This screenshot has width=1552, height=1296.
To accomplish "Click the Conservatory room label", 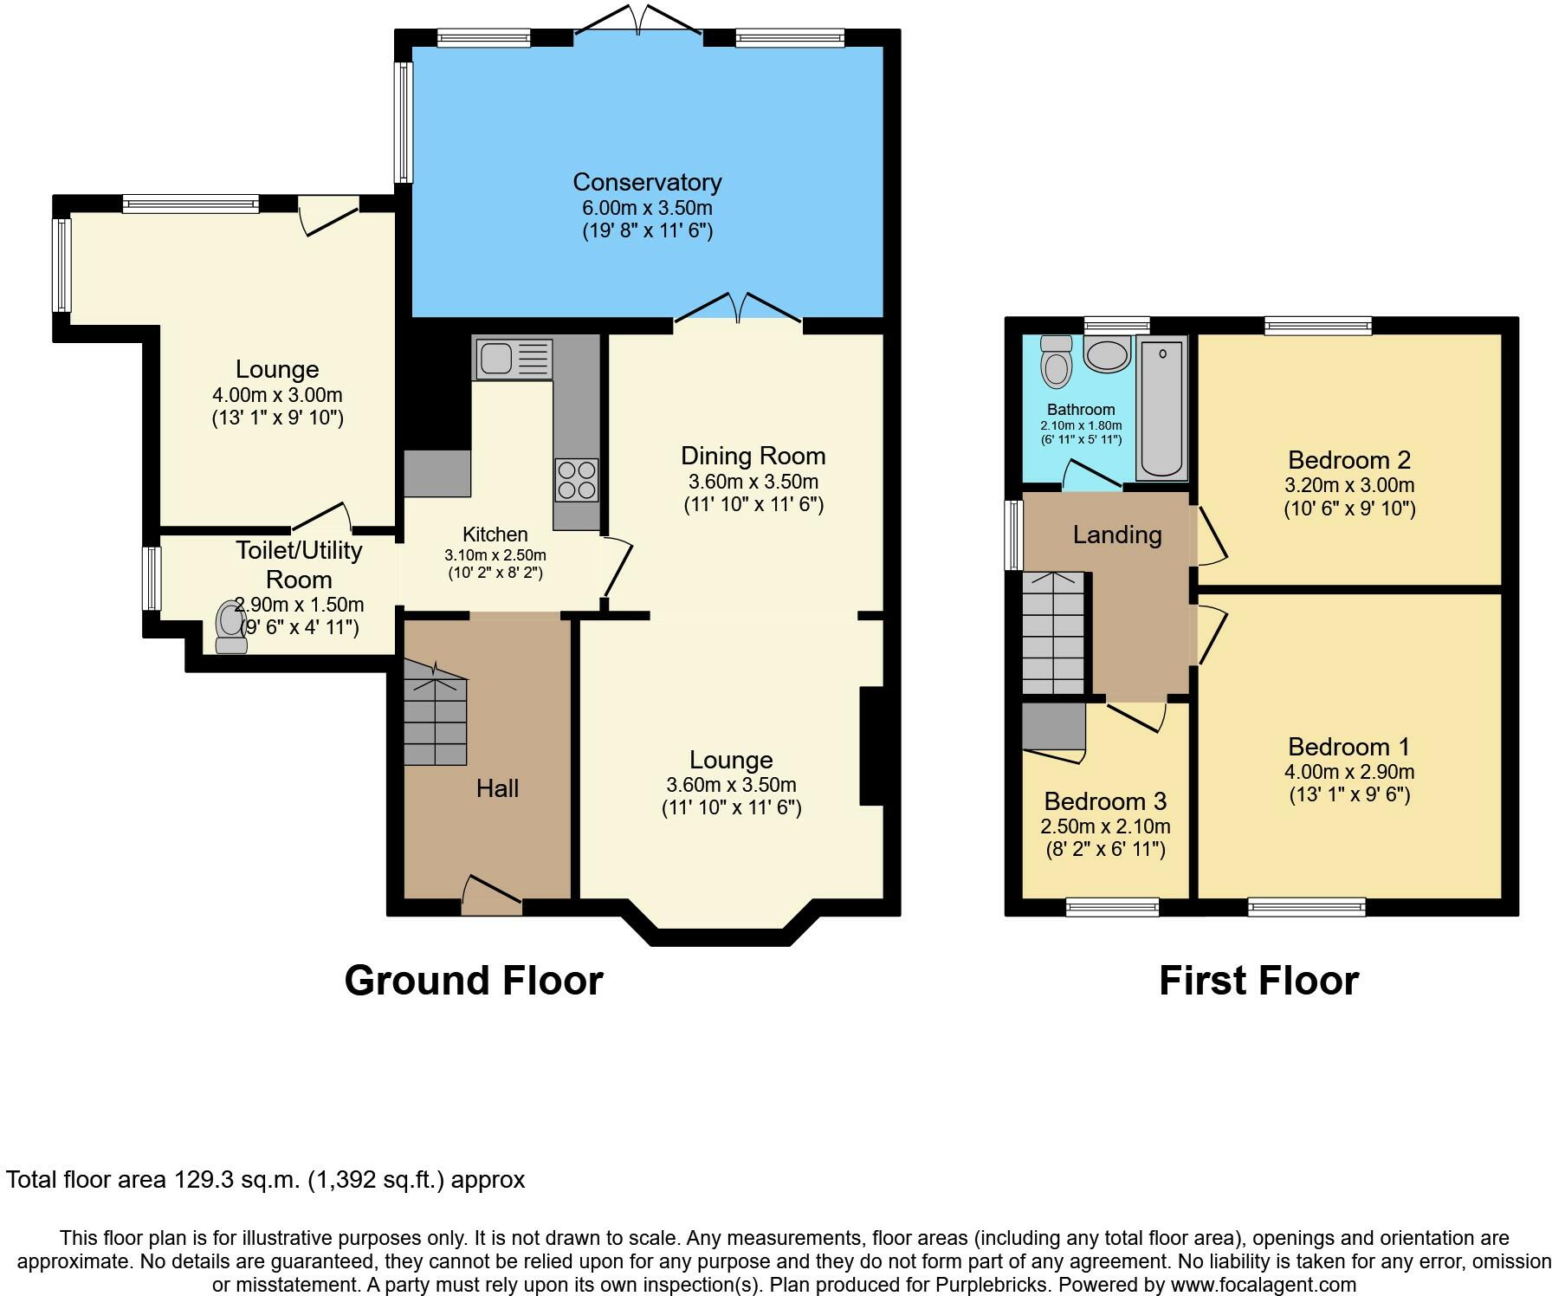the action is tap(647, 182).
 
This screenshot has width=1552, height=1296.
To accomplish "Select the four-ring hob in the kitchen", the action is tap(577, 480).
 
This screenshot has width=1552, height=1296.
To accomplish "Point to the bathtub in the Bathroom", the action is tap(1162, 409).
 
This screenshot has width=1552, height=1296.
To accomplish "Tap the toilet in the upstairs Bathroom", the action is tap(1056, 362).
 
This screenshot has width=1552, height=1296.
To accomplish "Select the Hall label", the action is tap(497, 788).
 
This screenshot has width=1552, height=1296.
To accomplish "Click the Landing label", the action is tap(1117, 535).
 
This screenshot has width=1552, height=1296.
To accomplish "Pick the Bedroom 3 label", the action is tap(1105, 801).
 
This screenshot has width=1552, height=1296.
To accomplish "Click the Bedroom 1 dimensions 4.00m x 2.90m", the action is tap(1349, 772).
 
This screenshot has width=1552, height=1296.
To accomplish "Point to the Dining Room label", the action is tap(753, 456).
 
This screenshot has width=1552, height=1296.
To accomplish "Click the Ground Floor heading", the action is tap(474, 981).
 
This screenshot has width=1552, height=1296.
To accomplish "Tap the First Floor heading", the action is tap(1258, 981).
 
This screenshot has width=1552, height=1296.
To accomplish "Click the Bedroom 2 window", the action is tap(1318, 326).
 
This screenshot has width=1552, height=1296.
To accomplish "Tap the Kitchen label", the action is tap(495, 535).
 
